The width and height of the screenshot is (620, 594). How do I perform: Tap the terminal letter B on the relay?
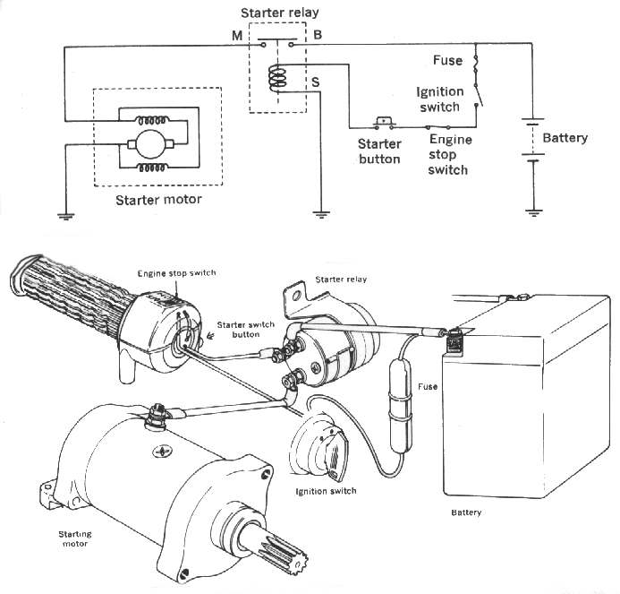point(318,35)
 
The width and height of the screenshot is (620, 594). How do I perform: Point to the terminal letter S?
point(315,83)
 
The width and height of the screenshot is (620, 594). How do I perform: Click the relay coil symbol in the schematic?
point(276,78)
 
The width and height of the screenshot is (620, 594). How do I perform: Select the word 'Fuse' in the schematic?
point(447,61)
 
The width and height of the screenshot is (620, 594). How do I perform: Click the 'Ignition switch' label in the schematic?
point(438,99)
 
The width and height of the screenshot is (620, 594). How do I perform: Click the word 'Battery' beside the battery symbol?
point(565,138)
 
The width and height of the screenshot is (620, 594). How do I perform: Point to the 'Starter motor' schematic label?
point(158,199)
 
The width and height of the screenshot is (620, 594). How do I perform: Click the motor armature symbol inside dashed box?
point(143,143)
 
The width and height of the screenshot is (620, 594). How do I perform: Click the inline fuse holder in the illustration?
point(399,387)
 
